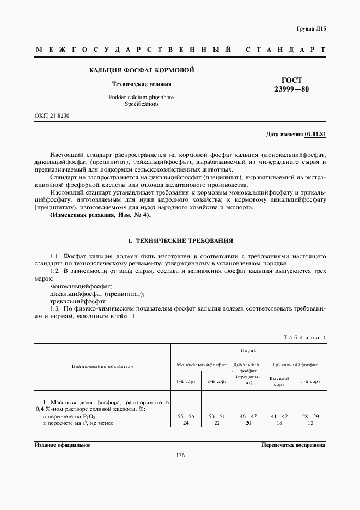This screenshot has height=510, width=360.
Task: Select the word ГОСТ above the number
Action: coord(291,81)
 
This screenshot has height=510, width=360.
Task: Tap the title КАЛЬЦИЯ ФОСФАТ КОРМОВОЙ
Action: coord(142,70)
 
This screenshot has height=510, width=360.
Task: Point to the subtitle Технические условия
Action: coord(142,84)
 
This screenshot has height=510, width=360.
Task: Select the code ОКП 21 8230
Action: coord(52,116)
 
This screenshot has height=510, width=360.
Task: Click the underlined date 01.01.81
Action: coord(315,134)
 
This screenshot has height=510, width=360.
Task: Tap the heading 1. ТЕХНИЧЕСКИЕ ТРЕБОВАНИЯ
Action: coord(180,240)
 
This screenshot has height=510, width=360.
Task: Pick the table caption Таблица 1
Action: coord(304,337)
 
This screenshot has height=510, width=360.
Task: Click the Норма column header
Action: coord(248,350)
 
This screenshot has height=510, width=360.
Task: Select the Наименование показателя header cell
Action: coord(102,367)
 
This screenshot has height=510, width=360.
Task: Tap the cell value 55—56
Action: coord(186,416)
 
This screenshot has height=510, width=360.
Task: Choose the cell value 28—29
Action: coord(310,416)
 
